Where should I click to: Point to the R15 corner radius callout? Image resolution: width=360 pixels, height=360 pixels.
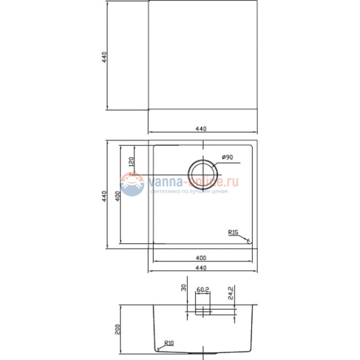[x=233, y=233]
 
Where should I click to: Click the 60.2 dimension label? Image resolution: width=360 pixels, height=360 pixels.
[x=203, y=289]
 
